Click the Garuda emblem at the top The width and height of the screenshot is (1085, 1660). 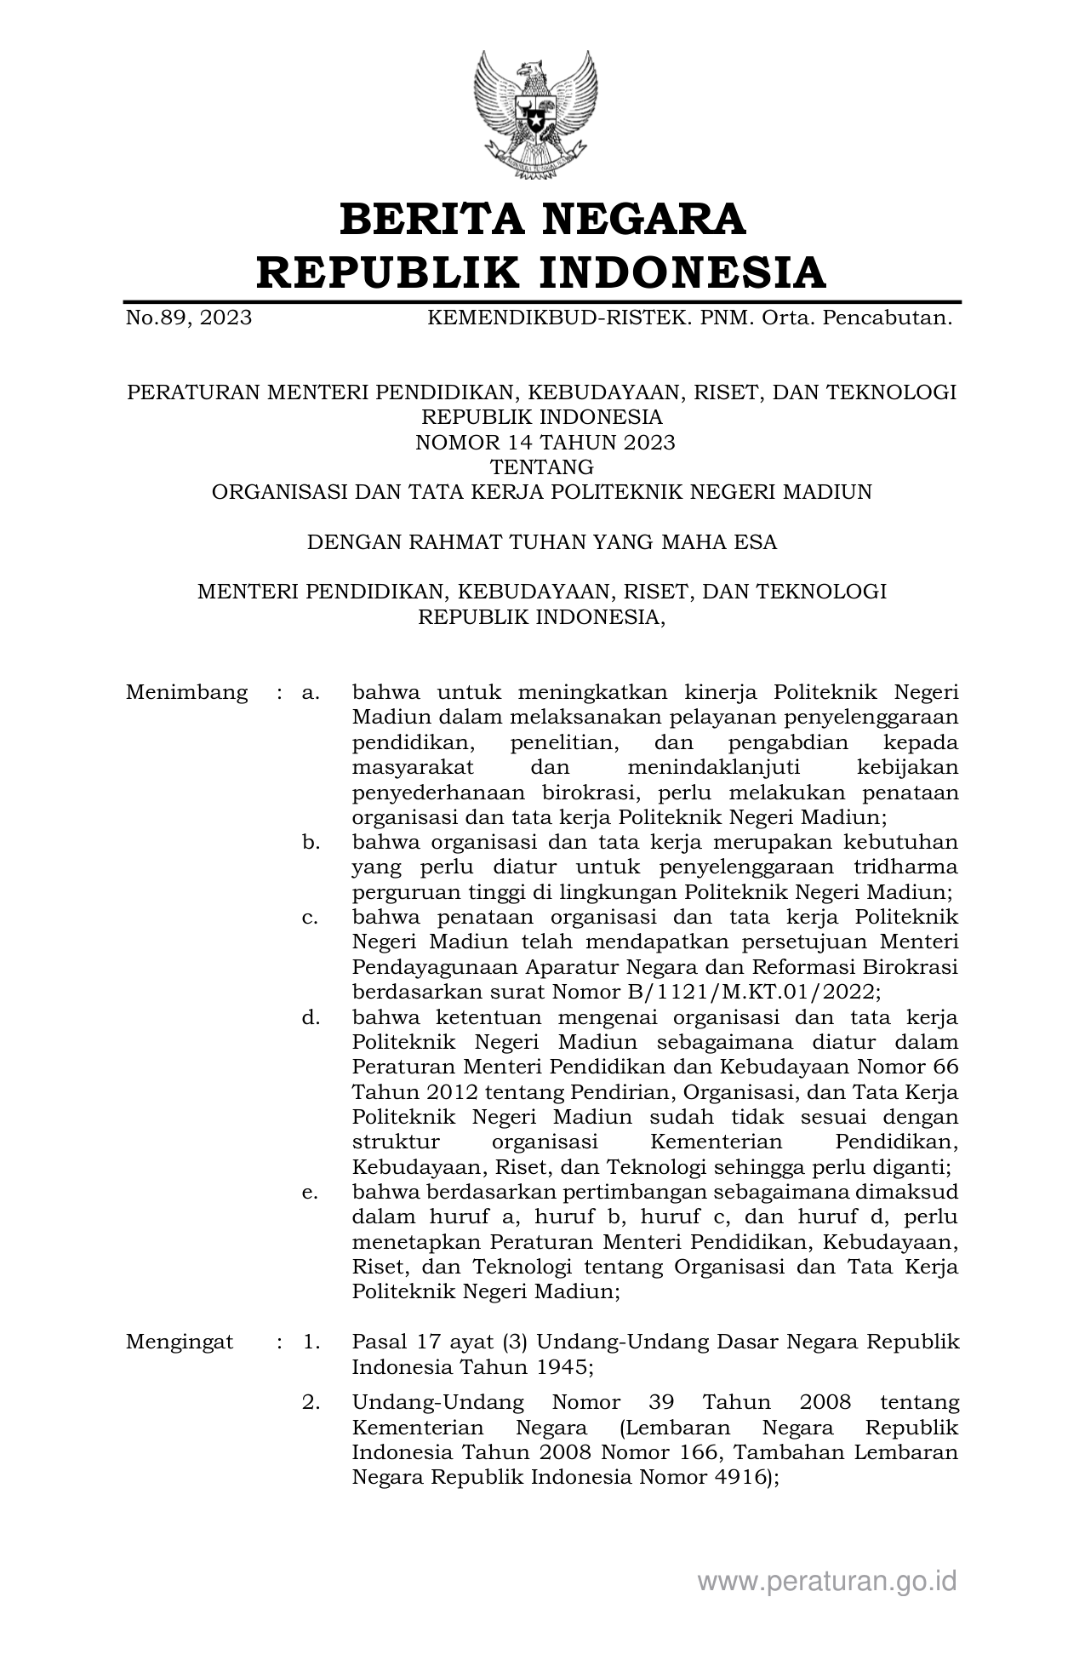[535, 114]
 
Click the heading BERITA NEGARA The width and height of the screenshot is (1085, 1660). [542, 219]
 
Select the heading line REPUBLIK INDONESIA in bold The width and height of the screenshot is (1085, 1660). [542, 272]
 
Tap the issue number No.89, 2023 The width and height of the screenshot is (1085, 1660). [189, 318]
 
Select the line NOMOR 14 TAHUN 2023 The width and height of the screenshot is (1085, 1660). [545, 442]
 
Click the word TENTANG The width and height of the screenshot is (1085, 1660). [542, 467]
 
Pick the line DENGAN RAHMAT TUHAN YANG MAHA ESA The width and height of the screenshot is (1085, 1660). [542, 542]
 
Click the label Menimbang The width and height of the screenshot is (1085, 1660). [187, 692]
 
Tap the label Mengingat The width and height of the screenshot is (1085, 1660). [180, 1342]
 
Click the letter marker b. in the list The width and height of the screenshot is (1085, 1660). [311, 843]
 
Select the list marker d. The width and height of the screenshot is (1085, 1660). [311, 1017]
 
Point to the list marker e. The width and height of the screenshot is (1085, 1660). [311, 1193]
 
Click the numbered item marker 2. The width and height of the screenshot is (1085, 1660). [311, 1403]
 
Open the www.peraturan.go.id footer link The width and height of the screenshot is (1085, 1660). [827, 1581]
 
